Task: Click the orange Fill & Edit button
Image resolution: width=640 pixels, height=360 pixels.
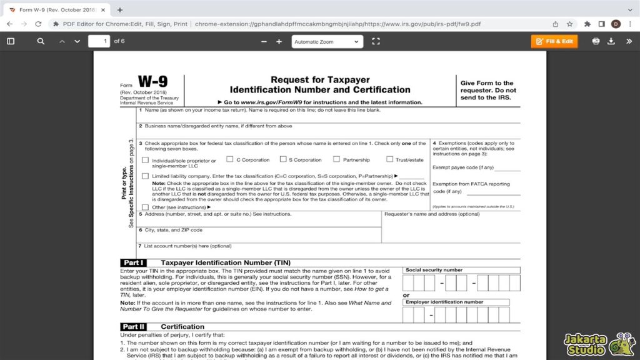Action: click(x=554, y=41)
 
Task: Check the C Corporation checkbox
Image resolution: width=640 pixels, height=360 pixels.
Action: click(x=230, y=159)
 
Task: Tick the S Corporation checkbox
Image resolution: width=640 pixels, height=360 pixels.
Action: click(x=283, y=159)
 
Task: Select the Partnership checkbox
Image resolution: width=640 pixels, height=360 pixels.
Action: click(x=337, y=159)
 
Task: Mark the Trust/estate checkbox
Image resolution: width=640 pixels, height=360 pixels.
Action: click(x=390, y=159)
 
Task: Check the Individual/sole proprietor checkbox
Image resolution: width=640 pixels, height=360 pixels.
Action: click(x=146, y=160)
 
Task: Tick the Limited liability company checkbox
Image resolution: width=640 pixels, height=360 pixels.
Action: click(x=146, y=176)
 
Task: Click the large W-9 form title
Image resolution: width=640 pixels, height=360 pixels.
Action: click(x=152, y=82)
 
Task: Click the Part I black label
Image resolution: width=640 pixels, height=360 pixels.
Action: click(x=134, y=263)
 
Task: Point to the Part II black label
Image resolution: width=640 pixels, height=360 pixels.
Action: click(x=134, y=327)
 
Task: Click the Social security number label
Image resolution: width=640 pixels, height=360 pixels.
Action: click(x=434, y=270)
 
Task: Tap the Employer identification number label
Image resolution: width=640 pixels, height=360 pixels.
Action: click(x=444, y=302)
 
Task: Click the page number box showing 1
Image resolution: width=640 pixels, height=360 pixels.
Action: click(x=99, y=41)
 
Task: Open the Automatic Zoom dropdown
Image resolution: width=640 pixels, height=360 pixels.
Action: click(x=327, y=42)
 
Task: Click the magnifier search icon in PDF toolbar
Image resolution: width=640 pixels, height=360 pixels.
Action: click(x=41, y=41)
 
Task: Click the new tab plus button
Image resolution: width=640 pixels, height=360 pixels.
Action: click(x=120, y=10)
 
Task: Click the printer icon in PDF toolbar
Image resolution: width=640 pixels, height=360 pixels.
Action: click(x=596, y=41)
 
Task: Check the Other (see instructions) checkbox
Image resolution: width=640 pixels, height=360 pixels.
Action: click(x=146, y=207)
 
